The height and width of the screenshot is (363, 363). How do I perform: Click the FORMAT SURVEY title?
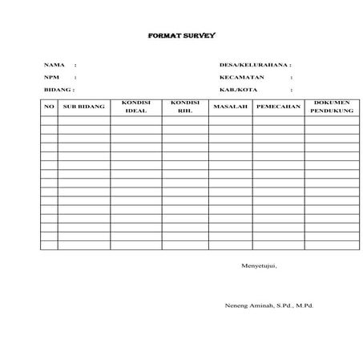point(182,36)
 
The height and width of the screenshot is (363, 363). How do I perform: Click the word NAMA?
point(54,64)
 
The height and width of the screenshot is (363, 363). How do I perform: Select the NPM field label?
point(52,77)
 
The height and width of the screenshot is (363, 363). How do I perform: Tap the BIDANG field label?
point(57,90)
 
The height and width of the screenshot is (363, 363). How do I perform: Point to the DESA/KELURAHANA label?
point(254,64)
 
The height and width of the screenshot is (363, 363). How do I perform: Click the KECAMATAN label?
point(241,77)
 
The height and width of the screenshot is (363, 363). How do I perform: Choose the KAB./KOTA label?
point(236,90)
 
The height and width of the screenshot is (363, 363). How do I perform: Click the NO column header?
point(48,107)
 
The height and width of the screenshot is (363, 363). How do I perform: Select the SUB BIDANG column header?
point(83,107)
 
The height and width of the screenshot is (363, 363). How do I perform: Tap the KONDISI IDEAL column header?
point(136,107)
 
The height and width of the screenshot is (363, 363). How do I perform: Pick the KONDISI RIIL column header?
point(185,107)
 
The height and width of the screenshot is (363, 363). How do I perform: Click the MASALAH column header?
point(230,107)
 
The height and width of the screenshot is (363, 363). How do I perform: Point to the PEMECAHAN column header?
point(277,107)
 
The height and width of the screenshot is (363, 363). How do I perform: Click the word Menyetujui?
point(259,265)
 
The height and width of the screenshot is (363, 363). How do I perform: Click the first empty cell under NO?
point(48,120)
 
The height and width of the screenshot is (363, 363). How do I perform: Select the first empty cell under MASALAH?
point(230,120)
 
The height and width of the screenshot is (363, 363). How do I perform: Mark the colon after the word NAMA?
point(75,64)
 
